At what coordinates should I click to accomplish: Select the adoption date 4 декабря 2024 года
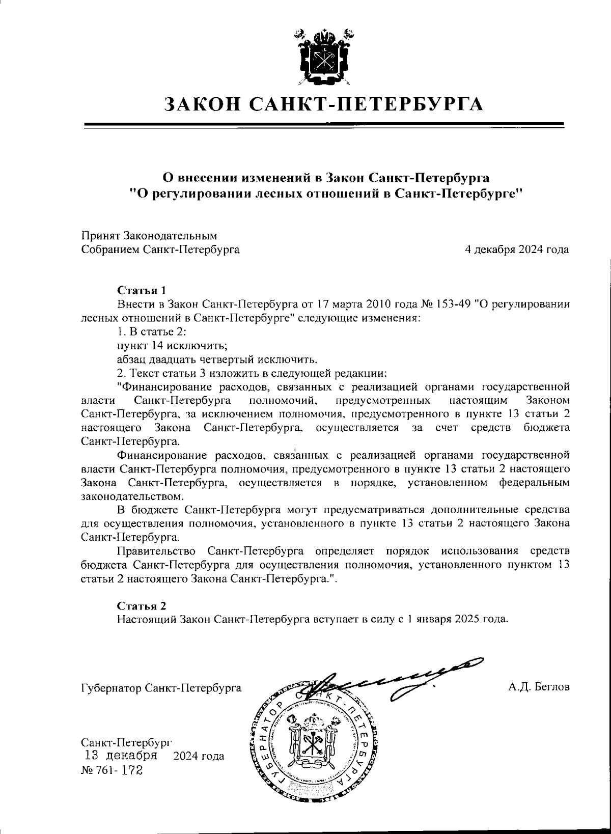[x=517, y=249]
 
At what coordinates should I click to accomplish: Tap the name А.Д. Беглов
[x=539, y=687]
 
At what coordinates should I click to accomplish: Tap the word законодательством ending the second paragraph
[x=132, y=495]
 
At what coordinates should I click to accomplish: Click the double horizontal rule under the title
[x=324, y=125]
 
